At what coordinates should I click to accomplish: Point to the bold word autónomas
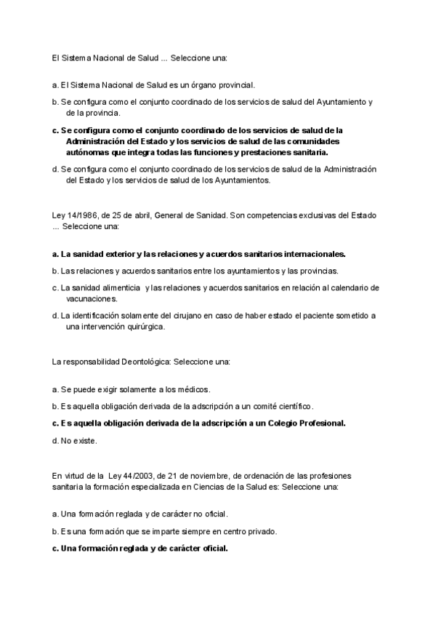tap(87, 153)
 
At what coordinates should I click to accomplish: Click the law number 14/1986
tap(82, 216)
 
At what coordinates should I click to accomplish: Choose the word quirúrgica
tap(144, 327)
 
